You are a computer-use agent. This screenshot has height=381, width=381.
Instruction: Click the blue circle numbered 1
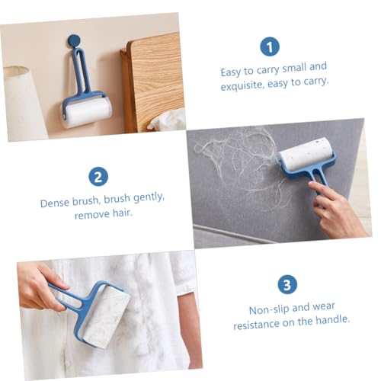[270, 46]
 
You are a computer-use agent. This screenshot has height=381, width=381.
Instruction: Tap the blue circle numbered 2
[98, 177]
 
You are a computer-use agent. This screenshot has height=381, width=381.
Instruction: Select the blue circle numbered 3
[287, 285]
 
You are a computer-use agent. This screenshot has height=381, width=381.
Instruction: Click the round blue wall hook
[74, 40]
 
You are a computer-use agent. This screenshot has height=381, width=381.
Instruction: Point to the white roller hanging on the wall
[87, 114]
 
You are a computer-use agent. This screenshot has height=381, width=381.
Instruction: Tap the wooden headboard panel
[155, 82]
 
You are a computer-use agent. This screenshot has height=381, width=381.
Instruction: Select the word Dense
[55, 203]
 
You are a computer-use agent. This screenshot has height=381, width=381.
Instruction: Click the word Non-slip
[269, 310]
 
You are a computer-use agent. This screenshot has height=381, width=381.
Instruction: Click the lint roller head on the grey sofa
[306, 152]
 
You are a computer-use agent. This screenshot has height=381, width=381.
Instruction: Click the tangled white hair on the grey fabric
[236, 162]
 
